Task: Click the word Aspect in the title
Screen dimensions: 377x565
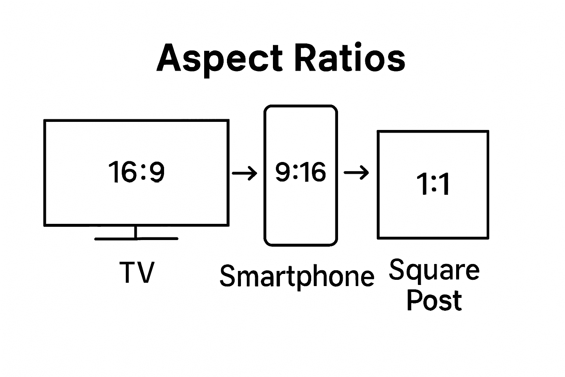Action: coord(219,59)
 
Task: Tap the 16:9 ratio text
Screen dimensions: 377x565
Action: coord(136,172)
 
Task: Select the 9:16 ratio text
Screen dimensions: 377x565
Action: coord(301,172)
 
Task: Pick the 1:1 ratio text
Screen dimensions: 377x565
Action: coord(433,184)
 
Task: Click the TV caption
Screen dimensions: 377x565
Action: coord(136,272)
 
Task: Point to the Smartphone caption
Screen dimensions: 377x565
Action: coord(296,276)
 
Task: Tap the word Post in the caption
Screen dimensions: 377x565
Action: coord(434,300)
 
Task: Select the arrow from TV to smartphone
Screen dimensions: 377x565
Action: coord(245,172)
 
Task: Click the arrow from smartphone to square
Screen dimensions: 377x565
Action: coord(356,172)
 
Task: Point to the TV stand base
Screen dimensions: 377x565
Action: coord(136,239)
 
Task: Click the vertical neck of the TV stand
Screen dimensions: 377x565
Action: coord(136,232)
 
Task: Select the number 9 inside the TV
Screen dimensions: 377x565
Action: coord(156,172)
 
